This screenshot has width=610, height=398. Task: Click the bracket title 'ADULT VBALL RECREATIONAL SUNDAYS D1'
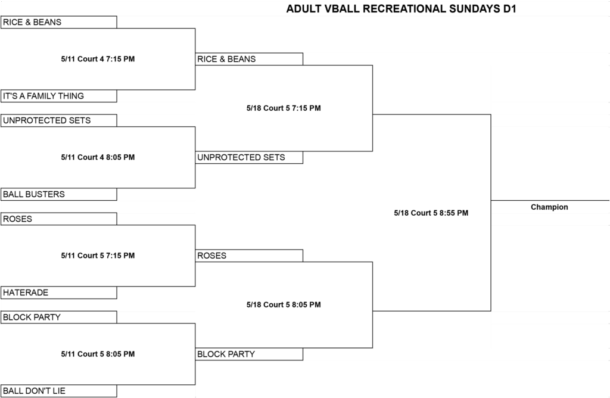(401, 8)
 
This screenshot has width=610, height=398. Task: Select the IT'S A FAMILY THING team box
(59, 96)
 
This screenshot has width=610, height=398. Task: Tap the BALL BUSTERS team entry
(59, 194)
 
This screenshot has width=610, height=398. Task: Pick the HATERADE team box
(59, 293)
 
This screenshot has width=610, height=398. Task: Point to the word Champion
(549, 207)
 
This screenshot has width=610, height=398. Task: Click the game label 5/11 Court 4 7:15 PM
(98, 59)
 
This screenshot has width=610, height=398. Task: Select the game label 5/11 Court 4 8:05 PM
(98, 157)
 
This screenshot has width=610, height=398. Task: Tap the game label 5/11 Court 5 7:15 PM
(98, 256)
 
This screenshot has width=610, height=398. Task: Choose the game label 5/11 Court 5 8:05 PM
(98, 354)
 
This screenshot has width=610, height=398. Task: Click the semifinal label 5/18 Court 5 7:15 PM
(284, 108)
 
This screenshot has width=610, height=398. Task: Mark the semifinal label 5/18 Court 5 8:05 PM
(284, 304)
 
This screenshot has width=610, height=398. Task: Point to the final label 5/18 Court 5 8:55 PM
(431, 213)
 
